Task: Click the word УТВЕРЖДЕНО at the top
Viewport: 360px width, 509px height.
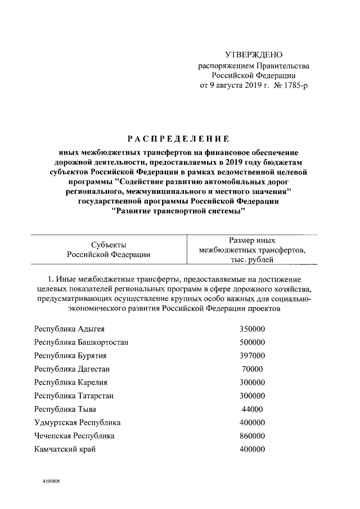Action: click(x=253, y=55)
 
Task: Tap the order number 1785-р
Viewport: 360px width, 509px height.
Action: click(x=294, y=85)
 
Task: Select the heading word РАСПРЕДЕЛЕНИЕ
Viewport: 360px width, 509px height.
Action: click(x=179, y=139)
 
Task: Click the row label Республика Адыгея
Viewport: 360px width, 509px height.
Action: click(x=69, y=328)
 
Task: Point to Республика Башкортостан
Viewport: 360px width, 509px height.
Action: click(x=82, y=342)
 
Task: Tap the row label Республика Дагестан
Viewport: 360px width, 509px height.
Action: click(x=71, y=369)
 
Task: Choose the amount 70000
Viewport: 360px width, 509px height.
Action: click(x=252, y=369)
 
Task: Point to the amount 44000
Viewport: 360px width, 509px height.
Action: click(x=252, y=409)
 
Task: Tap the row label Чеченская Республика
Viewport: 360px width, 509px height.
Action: click(x=74, y=436)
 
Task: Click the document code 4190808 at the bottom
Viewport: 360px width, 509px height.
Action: click(x=51, y=483)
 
